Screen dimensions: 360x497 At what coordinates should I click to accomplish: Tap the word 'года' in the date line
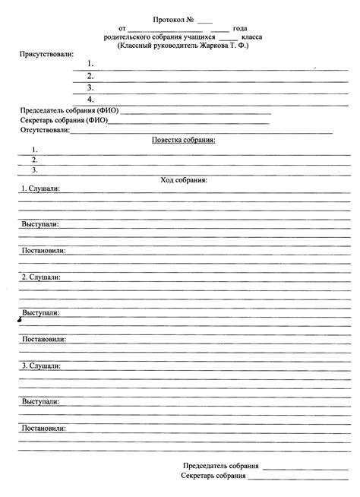point(241,27)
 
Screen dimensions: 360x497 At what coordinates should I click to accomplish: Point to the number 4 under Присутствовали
point(90,100)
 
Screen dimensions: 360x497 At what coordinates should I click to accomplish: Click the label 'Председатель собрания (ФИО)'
point(69,110)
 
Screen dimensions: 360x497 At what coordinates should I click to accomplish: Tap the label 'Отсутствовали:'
point(45,131)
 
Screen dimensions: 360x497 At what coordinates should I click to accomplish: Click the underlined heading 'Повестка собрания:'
point(184,140)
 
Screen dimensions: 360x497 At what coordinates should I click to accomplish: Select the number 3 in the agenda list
point(34,170)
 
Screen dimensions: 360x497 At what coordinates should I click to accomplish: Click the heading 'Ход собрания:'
point(184,180)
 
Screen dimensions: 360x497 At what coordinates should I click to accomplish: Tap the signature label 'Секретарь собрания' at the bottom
point(213,476)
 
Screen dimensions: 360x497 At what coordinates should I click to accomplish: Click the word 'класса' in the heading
point(253,36)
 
